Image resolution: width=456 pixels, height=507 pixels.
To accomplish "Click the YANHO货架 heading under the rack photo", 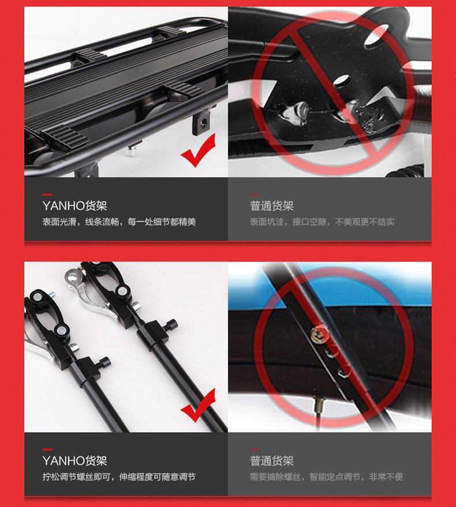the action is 74,206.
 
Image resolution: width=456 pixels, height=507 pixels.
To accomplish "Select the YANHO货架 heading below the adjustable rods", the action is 74,461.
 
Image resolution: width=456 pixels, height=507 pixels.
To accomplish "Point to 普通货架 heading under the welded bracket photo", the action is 271,206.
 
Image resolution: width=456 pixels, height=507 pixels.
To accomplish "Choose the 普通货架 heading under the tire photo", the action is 271,461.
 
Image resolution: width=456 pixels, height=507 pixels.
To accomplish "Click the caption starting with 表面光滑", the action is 119,222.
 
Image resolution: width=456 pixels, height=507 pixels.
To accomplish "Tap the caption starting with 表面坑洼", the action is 322,222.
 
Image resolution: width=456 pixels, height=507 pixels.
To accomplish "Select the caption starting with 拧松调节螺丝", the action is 119,476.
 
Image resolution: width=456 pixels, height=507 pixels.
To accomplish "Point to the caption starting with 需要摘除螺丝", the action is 326,476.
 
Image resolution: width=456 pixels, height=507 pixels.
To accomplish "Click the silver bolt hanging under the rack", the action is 131,150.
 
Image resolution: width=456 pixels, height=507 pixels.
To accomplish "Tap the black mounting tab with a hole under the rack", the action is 202,123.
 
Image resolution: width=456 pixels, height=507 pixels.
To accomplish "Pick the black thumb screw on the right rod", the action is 171,325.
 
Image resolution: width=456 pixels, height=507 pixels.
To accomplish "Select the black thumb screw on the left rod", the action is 104,362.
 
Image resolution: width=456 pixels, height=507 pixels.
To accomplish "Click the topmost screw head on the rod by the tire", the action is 319,335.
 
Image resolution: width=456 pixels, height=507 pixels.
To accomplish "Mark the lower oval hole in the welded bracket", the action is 342,80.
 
